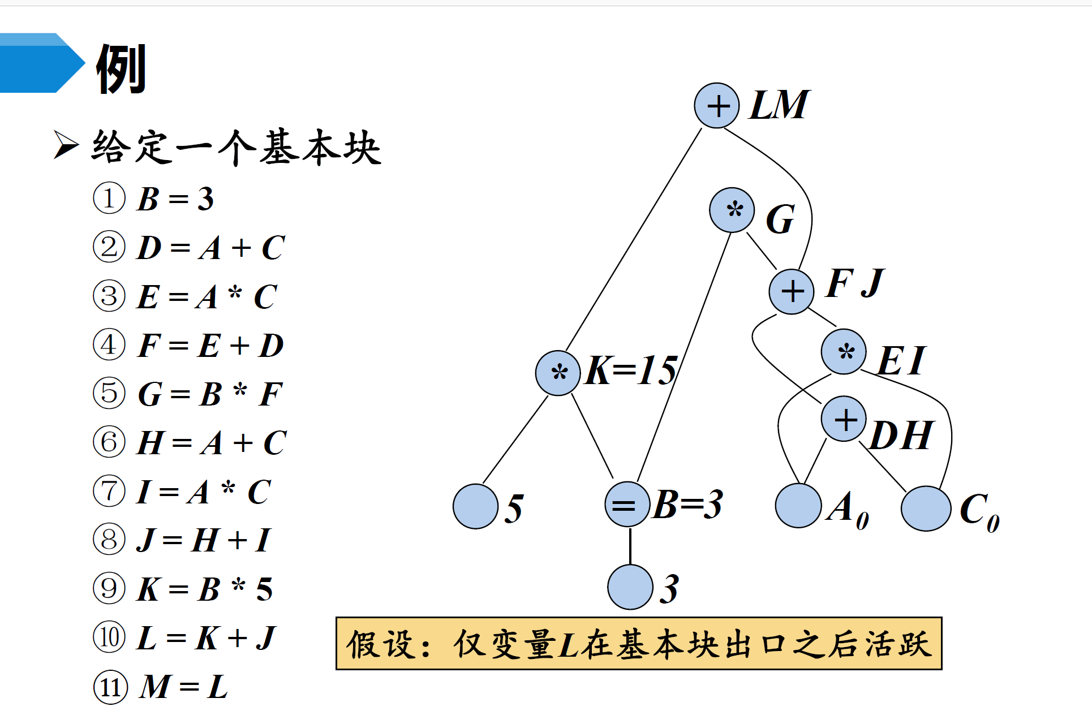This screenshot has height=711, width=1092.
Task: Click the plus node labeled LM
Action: point(717,106)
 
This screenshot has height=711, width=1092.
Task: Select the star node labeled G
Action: point(732,210)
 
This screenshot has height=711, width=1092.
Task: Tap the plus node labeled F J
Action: point(792,291)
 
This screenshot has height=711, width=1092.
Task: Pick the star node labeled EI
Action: point(844,352)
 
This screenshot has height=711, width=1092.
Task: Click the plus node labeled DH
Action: point(844,419)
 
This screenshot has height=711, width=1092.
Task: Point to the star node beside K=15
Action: point(558,373)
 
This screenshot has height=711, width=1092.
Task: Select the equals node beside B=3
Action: point(627,505)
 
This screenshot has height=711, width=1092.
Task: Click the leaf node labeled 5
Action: point(476,506)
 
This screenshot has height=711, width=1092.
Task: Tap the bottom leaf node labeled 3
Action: point(630,587)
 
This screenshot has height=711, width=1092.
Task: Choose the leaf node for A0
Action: point(798,506)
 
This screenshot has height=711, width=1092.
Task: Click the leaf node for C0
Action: point(926,508)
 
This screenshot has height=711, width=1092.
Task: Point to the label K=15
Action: point(631,370)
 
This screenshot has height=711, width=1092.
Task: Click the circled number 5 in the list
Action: point(109,393)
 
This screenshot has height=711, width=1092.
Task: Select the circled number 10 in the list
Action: point(109,637)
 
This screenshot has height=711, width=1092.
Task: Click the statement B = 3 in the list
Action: point(175,199)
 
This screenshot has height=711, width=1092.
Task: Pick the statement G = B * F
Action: point(210,394)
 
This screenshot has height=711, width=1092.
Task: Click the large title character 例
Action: point(121,69)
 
